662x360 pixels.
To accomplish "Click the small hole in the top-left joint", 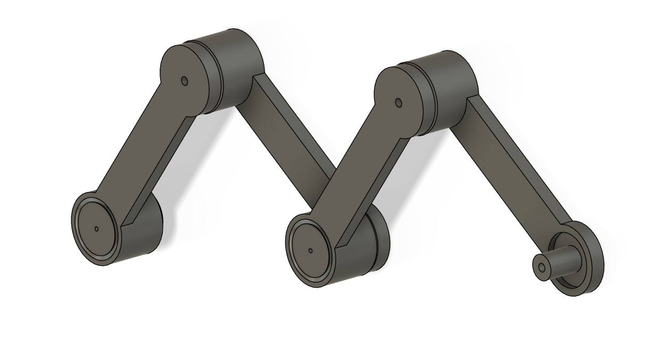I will (x=185, y=81).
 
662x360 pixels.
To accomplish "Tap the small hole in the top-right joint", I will (x=399, y=103).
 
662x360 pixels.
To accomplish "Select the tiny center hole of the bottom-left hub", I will (x=96, y=229).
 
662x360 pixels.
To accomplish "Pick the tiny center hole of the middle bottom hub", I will (x=310, y=250).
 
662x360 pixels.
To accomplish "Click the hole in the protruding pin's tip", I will (x=542, y=267).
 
